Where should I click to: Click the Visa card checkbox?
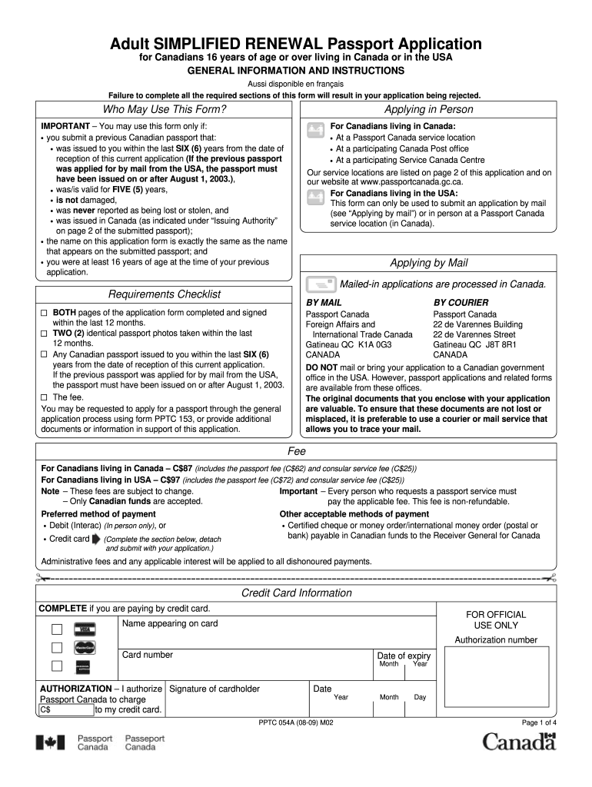(57, 629)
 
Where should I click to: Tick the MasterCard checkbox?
(57, 648)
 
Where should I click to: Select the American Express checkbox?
(57, 666)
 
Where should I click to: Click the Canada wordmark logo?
(518, 742)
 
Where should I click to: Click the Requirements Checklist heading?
(164, 294)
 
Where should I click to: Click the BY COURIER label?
(461, 303)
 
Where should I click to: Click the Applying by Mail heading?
(429, 263)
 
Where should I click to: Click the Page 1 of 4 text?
(539, 723)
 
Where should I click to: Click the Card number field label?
(148, 655)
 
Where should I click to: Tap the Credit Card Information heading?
(296, 593)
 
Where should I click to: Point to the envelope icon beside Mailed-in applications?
(320, 285)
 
